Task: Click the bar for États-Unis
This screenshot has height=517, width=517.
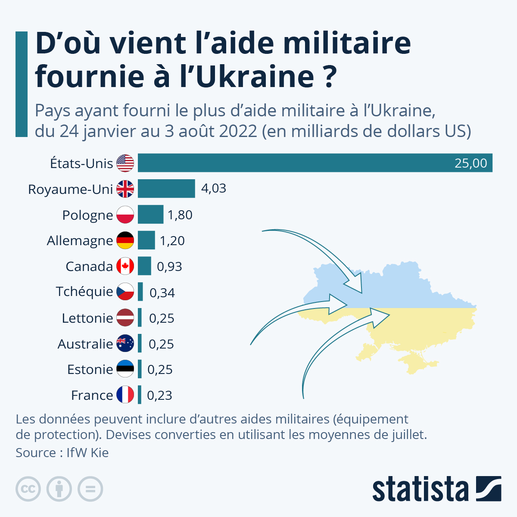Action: (315, 163)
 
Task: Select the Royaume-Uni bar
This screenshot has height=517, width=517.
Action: (166, 189)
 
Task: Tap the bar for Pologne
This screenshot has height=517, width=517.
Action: (150, 215)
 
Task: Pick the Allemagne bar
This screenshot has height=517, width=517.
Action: (146, 240)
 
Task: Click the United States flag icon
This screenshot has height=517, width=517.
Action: (125, 163)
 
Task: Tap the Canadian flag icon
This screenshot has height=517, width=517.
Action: (125, 266)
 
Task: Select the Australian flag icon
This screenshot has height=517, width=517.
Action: (125, 344)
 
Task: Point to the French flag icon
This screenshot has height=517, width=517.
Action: (125, 395)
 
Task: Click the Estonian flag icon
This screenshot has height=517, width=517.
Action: (125, 369)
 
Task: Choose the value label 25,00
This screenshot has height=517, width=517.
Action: (471, 163)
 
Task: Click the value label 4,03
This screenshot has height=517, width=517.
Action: (214, 188)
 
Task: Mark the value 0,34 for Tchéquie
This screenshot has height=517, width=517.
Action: (162, 293)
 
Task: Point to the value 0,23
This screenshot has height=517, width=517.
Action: (159, 395)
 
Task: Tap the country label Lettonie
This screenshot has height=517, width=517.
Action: (87, 318)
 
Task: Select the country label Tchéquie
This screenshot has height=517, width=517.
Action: (84, 292)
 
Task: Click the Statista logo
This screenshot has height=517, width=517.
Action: (436, 489)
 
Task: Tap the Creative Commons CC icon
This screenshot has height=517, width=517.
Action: (28, 489)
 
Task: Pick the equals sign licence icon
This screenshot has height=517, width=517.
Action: (90, 489)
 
